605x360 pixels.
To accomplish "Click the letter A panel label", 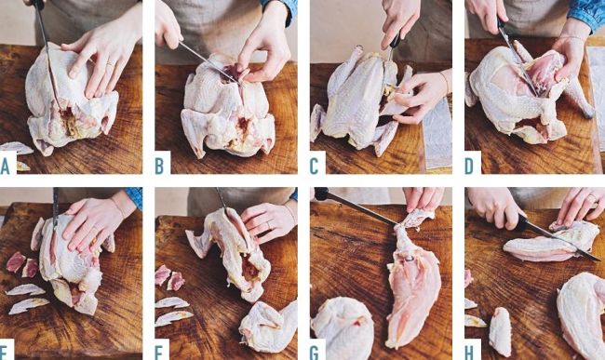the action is (5, 166).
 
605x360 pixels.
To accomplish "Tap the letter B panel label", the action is (159, 166).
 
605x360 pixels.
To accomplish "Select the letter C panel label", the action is (314, 166).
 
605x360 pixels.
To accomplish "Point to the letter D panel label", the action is (469, 166).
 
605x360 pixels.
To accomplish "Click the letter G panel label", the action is (315, 352).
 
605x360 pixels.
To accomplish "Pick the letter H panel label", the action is (469, 352).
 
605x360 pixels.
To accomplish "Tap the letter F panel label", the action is (159, 352).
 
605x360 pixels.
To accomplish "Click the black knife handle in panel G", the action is (321, 193).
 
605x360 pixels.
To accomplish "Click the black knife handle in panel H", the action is (517, 221).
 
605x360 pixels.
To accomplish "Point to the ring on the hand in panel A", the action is (111, 64).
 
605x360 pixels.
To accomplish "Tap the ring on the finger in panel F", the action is (268, 225).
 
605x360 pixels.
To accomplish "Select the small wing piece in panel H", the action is (501, 331).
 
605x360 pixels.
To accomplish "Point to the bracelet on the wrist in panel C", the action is (445, 82).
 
